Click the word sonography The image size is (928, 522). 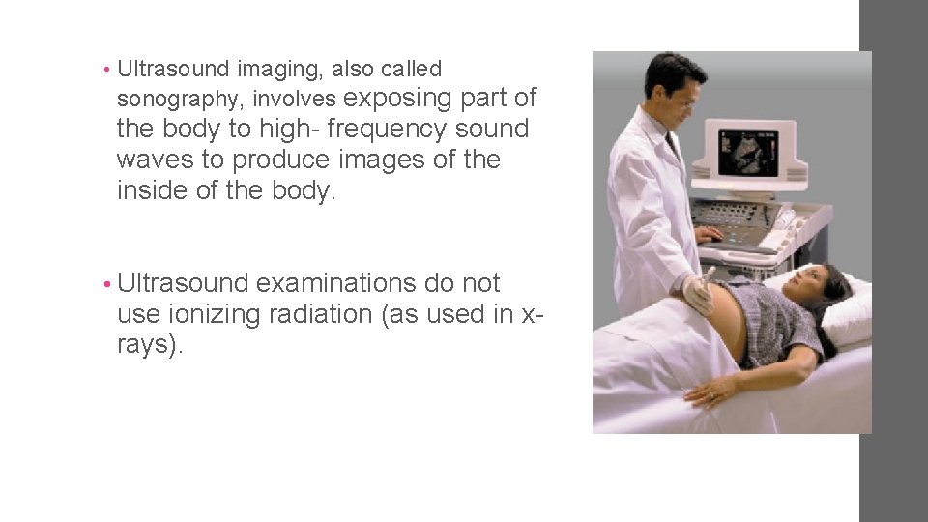coord(176,100)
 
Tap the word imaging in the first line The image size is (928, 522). coord(280,69)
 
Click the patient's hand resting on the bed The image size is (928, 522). coord(710,391)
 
